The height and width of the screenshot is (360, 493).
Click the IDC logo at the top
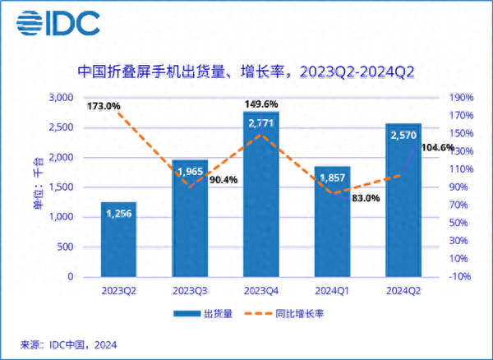coord(58,23)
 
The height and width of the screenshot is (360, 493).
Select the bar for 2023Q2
coord(118,238)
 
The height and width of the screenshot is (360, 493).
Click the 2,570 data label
coord(403,136)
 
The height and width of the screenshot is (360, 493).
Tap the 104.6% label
coord(438,148)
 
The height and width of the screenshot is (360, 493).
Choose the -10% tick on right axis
coord(458,277)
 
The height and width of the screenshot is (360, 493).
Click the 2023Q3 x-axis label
coord(189,290)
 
